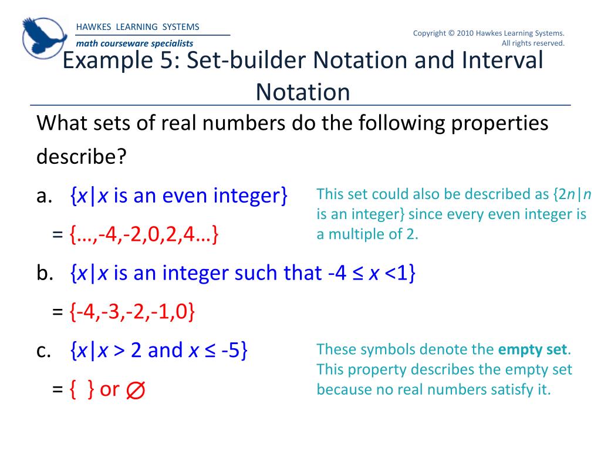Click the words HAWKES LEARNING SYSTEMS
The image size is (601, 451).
tap(137, 27)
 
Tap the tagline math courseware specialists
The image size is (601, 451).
tap(134, 43)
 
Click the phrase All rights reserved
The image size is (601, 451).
tap(533, 43)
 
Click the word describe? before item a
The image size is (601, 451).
tap(82, 157)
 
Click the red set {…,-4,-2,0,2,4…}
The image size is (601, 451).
tap(144, 235)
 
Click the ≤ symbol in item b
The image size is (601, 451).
tap(358, 274)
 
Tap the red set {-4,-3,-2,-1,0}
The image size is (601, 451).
tap(131, 312)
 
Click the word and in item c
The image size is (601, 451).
tap(166, 350)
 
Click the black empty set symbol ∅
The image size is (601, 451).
tap(136, 389)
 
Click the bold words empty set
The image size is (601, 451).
tap(533, 350)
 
